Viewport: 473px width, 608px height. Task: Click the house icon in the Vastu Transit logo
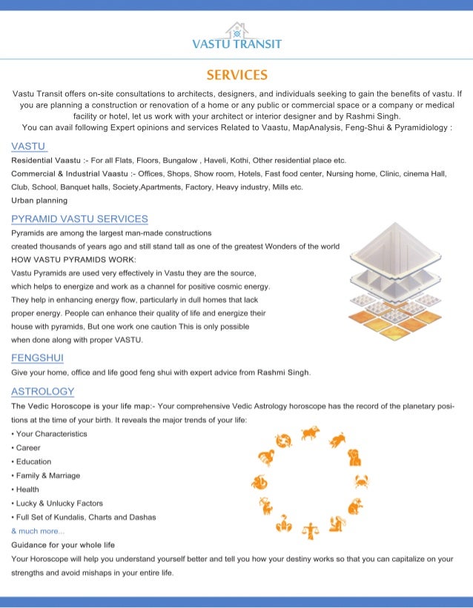tap(236, 30)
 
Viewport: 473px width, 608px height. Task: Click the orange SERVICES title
tap(236, 75)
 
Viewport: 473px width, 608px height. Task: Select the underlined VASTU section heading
tap(29, 146)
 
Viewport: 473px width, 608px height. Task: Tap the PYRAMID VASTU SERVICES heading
tap(79, 218)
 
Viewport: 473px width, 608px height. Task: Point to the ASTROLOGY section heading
tap(43, 391)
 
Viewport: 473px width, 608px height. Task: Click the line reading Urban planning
tap(39, 201)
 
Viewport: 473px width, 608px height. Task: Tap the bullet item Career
tap(28, 447)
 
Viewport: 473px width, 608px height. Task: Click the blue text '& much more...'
tap(38, 531)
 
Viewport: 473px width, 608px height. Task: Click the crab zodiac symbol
tap(362, 482)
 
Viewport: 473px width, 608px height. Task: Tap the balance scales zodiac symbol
tap(309, 530)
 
